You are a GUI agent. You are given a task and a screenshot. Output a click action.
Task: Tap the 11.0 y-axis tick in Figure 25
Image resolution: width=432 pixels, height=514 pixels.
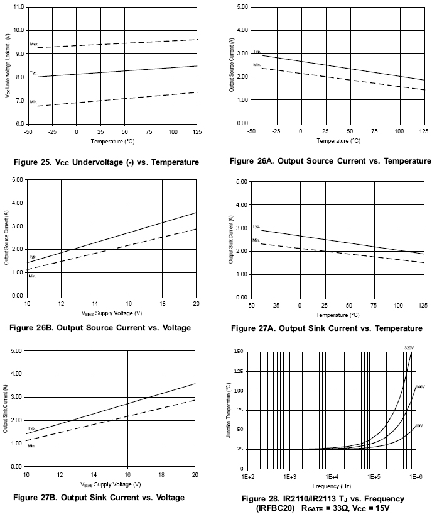pos(18,7)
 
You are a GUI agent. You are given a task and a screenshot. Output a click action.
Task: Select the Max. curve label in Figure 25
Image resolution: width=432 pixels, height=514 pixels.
pos(34,43)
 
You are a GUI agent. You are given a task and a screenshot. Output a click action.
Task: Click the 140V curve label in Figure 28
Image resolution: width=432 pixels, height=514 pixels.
pos(420,387)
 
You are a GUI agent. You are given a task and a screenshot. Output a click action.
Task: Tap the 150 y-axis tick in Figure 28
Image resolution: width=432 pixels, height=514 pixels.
pos(238,352)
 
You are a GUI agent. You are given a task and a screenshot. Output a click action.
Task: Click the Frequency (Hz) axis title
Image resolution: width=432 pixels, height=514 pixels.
pos(332,486)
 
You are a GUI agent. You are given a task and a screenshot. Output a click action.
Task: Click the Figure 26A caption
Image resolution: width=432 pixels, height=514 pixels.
pos(330,161)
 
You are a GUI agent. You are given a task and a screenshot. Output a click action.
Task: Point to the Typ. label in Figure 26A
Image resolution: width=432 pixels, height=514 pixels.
pos(256,52)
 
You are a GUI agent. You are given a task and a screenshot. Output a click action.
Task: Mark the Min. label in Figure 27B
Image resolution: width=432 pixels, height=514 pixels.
pos(31,445)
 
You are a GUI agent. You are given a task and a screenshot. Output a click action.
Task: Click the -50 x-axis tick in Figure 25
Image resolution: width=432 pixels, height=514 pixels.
pos(28,131)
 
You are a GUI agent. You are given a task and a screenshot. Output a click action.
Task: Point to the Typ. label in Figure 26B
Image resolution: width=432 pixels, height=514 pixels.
pos(32,257)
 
